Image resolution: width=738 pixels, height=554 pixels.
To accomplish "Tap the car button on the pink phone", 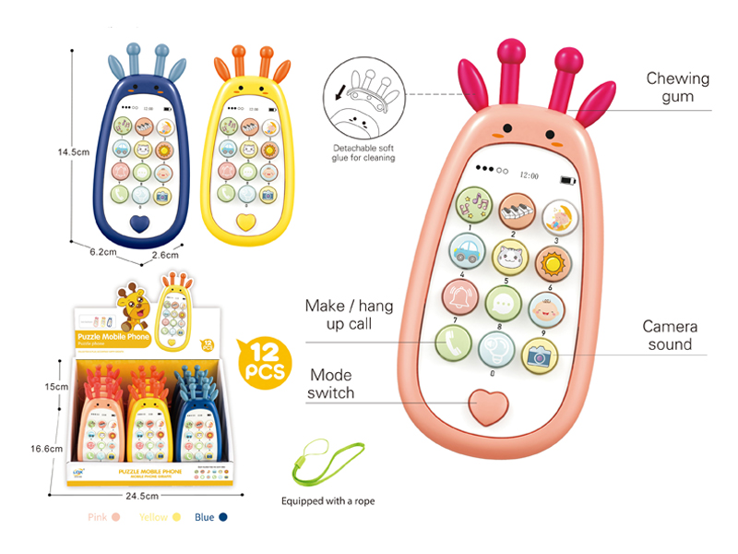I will pos(468,250).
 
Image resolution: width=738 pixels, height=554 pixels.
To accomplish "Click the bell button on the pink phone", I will pos(460,295).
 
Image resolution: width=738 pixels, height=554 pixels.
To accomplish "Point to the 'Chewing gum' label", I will pos(677,88).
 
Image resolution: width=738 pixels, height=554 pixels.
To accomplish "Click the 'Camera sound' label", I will pos(669,335).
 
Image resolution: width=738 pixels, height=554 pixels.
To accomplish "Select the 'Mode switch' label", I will pos(331,383).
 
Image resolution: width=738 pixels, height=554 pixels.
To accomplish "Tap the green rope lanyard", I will pos(318,465).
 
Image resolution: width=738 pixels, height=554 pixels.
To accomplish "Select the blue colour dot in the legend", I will pos(223,518).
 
